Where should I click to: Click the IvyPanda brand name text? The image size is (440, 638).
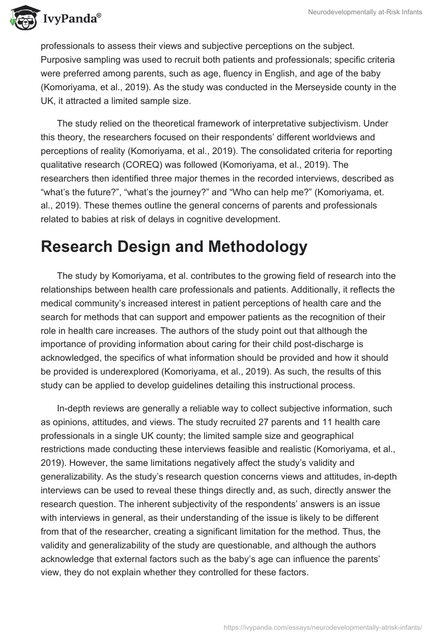click(69, 20)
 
